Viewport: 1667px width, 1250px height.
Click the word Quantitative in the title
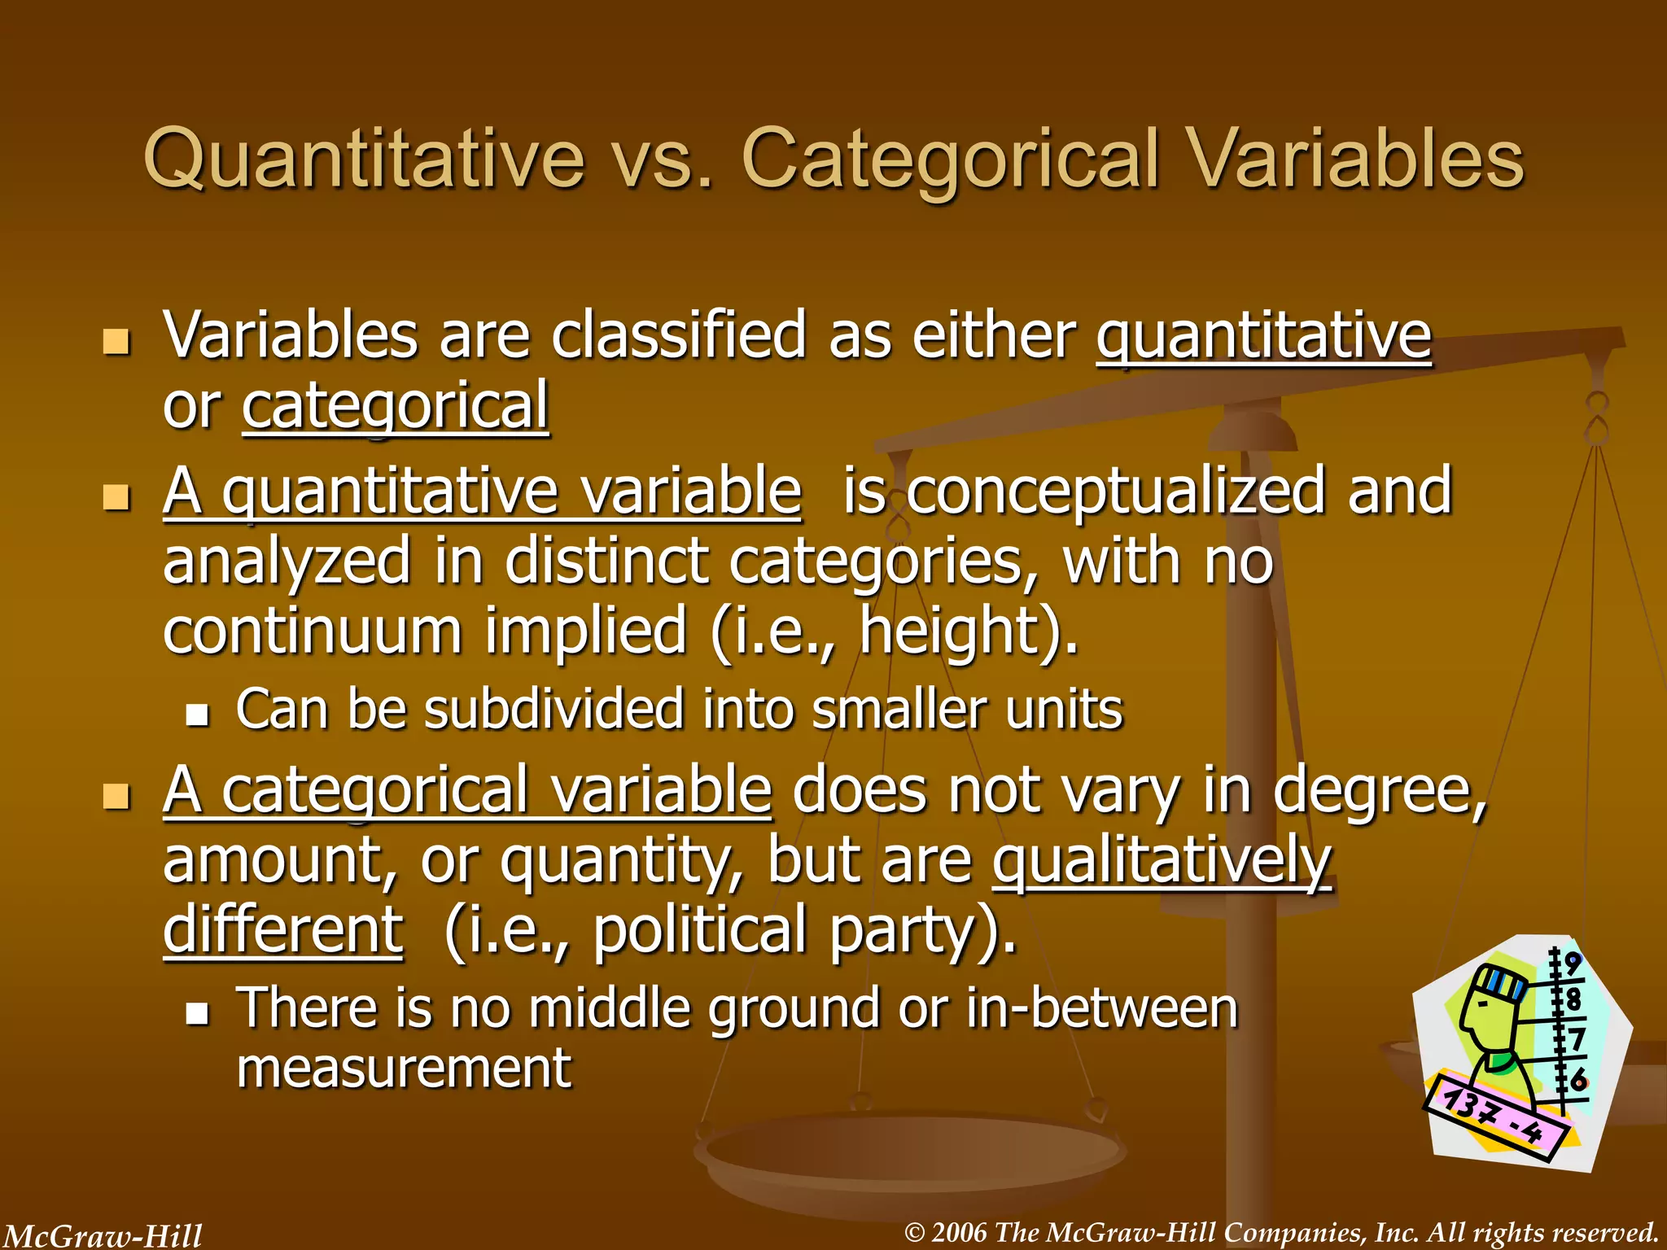(x=364, y=160)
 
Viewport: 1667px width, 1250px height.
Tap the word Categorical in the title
(x=950, y=160)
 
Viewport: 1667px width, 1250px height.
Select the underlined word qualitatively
(x=1162, y=861)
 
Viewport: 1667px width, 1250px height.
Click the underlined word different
(x=282, y=930)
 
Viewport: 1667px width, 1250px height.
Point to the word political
(x=700, y=930)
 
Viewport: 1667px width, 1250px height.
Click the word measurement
(x=404, y=1069)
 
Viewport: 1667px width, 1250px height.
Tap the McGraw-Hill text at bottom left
(x=103, y=1235)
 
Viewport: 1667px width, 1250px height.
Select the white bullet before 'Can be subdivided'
(x=197, y=714)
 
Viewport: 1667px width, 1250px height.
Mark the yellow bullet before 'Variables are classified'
(x=117, y=342)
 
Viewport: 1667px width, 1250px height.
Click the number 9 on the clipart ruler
(x=1571, y=964)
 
